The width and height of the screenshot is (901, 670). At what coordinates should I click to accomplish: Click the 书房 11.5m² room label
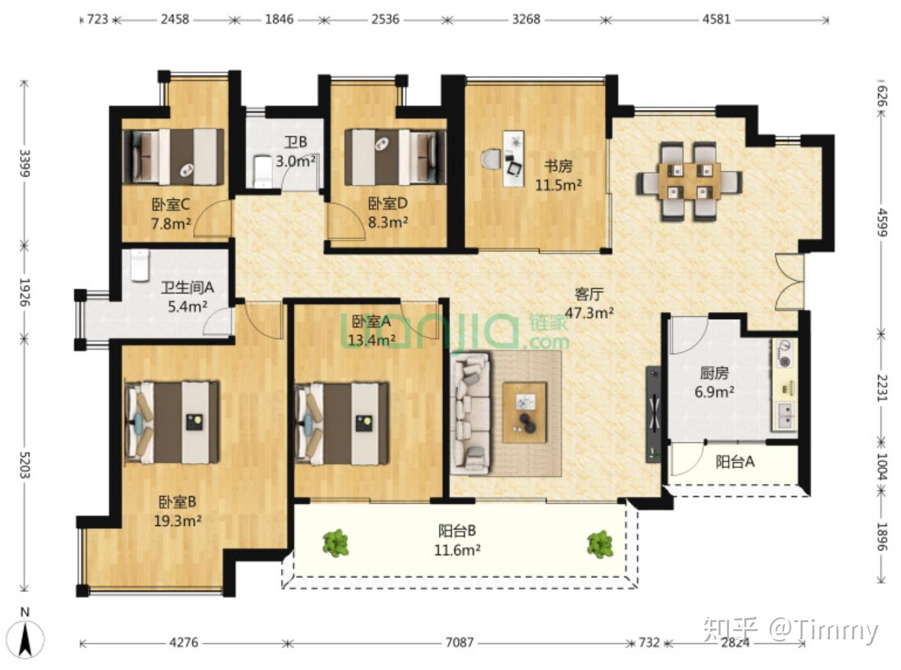point(558,175)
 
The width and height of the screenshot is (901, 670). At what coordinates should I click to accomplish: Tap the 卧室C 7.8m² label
point(171,214)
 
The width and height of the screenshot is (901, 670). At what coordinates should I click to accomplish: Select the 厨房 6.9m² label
point(714,382)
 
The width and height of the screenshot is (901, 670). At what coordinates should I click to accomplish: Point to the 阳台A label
point(735,462)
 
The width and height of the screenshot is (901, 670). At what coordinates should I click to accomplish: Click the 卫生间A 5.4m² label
point(187,297)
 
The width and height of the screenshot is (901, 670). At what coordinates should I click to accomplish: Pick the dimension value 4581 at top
point(717,19)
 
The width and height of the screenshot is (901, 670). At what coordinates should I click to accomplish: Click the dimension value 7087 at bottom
point(459,643)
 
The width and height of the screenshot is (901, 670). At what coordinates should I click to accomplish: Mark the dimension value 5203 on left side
point(25,465)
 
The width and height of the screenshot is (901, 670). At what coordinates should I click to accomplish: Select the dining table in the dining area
point(690,181)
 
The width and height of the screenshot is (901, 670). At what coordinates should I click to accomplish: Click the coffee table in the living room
point(524,412)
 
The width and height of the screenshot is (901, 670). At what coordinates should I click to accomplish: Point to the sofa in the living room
point(471,414)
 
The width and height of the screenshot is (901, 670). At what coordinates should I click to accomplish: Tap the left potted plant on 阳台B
point(335,543)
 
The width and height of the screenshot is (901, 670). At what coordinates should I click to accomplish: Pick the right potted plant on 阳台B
point(600,544)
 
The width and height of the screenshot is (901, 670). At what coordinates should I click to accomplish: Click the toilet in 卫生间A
point(140,265)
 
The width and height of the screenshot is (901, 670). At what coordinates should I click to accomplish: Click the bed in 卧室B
point(173,422)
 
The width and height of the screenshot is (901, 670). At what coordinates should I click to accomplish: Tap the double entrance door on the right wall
point(790,283)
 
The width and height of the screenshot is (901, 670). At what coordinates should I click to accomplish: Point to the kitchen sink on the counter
point(787,416)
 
